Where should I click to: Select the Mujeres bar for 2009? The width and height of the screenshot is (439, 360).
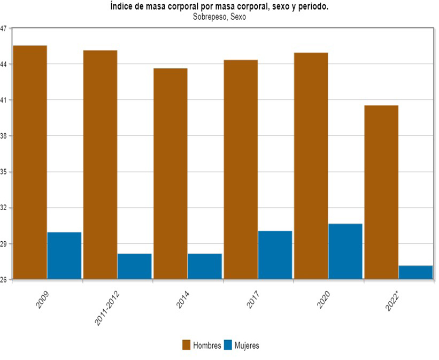coord(64,255)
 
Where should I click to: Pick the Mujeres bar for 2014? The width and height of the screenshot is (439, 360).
coord(205,266)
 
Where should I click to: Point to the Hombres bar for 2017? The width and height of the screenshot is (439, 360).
coord(241,169)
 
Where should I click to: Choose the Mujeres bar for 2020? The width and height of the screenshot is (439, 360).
coord(345,251)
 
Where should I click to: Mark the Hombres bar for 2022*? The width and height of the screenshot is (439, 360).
coord(381,192)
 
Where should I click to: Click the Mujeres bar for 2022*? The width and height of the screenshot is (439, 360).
coord(415,272)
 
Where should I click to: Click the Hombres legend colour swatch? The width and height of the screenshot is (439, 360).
coord(187,346)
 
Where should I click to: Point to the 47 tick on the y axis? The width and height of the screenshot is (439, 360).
coord(4,28)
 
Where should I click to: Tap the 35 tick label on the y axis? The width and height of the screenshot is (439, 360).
coord(4,172)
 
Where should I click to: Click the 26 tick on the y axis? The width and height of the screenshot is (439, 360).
coord(4,280)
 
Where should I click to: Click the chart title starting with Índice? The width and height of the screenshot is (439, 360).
coord(219,7)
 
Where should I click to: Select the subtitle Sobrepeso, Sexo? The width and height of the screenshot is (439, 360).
coord(219,17)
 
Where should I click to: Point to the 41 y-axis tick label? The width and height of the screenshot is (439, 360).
coord(4,100)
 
